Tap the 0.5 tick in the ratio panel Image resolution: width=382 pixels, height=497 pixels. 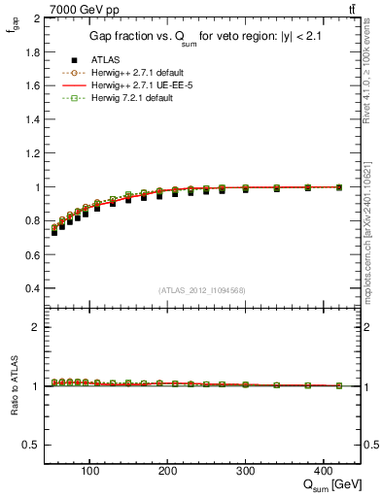(34, 445)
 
